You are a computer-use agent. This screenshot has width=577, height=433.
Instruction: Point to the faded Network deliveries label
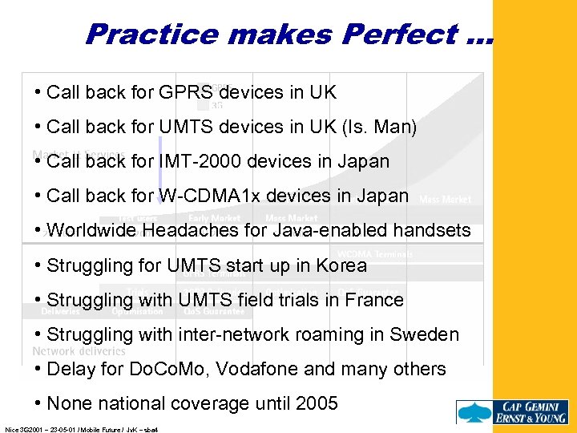[79, 350]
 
